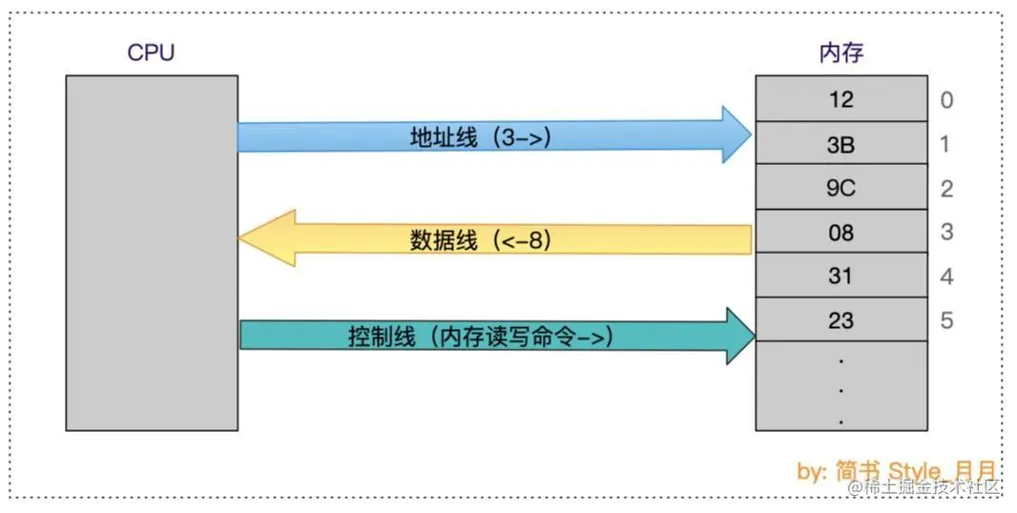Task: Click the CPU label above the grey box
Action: (151, 52)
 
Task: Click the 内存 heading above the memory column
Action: (841, 53)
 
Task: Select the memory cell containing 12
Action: (841, 99)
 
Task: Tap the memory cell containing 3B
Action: (841, 144)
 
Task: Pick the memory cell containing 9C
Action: (841, 188)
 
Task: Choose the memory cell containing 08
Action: (841, 232)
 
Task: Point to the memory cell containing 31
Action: (841, 277)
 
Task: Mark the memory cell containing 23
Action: (841, 320)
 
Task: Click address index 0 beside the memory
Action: (946, 100)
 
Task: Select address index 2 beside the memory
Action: (946, 189)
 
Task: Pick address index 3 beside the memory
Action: (946, 233)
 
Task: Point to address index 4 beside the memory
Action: (946, 277)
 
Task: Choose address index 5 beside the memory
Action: (946, 321)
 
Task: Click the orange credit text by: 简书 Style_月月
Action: (897, 469)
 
